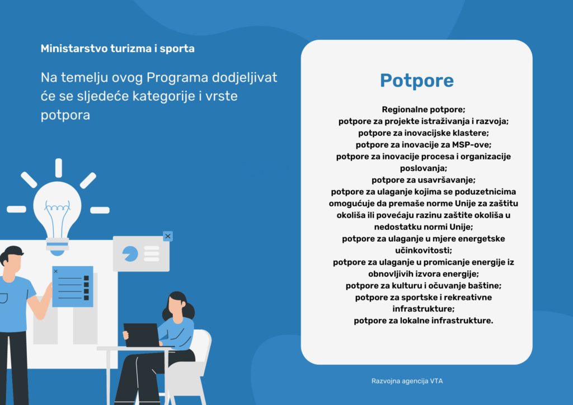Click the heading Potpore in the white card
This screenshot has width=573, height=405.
416,81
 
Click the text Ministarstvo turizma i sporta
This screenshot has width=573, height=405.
118,49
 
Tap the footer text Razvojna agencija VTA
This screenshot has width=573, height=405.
407,381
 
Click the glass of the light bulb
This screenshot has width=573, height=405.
57,204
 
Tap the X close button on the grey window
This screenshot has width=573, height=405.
167,236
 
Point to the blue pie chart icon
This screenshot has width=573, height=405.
130,253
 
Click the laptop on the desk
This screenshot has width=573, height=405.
140,335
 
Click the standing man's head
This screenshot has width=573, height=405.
12,261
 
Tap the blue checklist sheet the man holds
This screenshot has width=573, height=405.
72,286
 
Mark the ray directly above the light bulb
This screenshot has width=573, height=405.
58,168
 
